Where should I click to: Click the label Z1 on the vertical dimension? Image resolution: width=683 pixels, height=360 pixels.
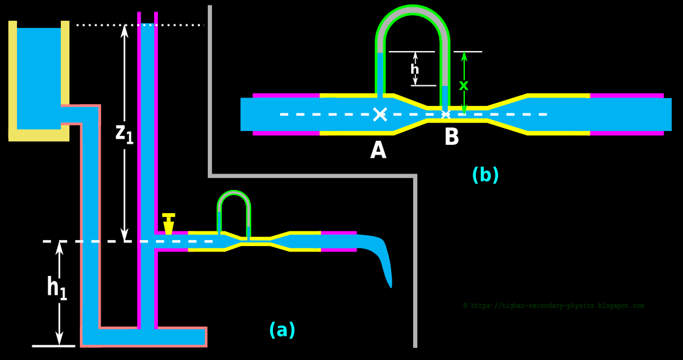[124, 134]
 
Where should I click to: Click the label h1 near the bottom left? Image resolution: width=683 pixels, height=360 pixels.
[57, 288]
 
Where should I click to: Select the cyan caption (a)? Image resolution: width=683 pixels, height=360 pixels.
[281, 330]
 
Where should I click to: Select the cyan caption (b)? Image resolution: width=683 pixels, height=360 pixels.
[485, 175]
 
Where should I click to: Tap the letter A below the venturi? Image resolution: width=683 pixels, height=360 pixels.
[378, 150]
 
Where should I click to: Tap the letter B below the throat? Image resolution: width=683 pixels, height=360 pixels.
[451, 137]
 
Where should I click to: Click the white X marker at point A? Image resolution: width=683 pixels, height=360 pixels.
[380, 114]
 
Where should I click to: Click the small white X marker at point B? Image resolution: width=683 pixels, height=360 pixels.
[445, 114]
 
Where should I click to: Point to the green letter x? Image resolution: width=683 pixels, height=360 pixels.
[464, 86]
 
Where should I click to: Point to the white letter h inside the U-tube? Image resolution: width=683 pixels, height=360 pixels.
[415, 69]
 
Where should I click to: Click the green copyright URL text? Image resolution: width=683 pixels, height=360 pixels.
[553, 306]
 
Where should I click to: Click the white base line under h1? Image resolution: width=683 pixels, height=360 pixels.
[54, 346]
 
